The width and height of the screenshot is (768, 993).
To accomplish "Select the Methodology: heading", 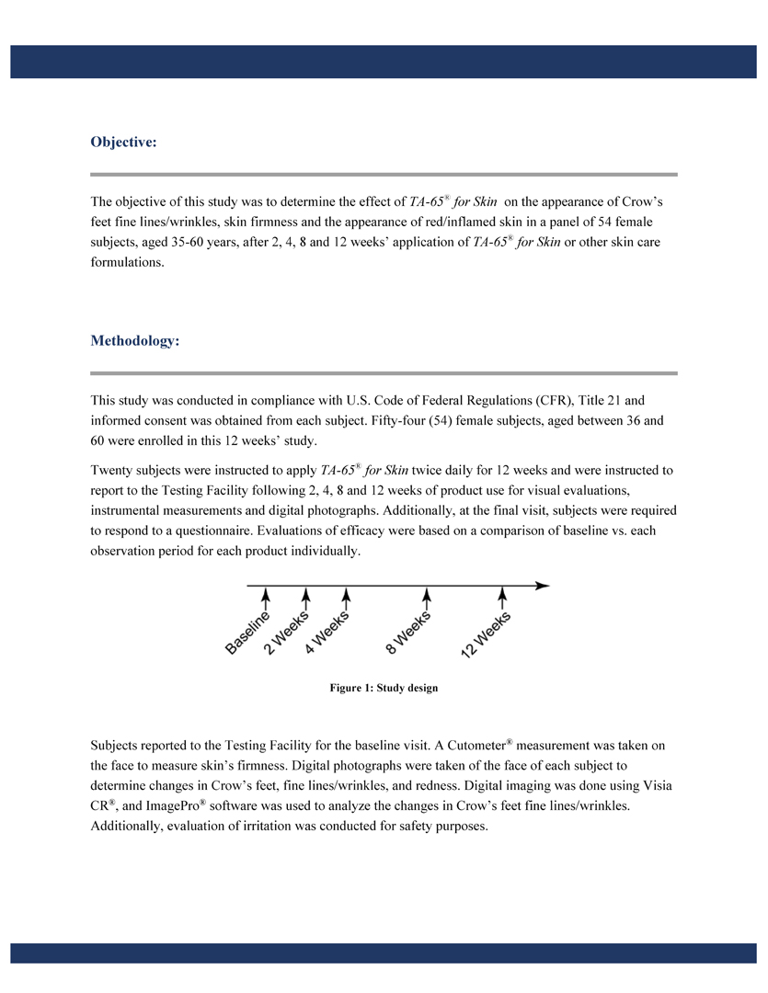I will (134, 341).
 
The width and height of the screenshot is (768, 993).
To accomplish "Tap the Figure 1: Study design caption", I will (384, 688).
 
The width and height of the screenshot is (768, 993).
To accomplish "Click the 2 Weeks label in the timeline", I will (287, 633).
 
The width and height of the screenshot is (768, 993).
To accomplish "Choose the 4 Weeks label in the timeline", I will (327, 633).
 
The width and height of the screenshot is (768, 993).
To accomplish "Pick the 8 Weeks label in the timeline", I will (409, 633).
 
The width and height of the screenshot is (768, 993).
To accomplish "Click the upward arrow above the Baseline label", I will (266, 598).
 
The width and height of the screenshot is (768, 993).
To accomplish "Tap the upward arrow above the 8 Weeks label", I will (426, 598).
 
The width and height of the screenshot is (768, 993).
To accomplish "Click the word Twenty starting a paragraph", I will (111, 470).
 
